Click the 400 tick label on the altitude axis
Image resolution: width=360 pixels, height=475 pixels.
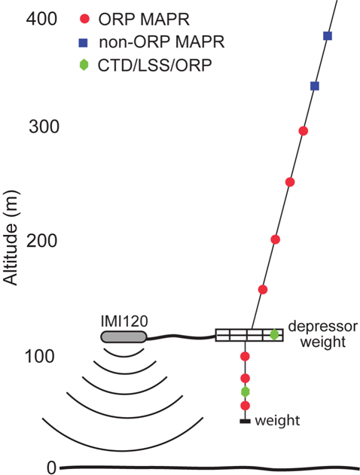tap(41, 19)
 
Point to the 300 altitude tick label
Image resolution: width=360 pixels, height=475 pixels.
tap(44, 126)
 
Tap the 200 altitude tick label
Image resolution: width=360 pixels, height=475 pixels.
tap(42, 241)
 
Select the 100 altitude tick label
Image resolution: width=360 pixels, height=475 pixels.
tap(40, 356)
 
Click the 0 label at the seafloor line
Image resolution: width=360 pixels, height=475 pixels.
tap(51, 467)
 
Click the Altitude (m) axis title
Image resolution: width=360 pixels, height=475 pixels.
tap(11, 238)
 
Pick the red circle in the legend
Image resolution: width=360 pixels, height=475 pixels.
tap(85, 20)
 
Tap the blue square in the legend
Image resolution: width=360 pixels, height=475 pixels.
tap(84, 43)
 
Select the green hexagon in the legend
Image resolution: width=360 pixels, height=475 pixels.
tap(84, 65)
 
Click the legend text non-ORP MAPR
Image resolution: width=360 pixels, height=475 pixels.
tap(161, 42)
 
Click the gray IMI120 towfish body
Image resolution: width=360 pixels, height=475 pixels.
tap(124, 336)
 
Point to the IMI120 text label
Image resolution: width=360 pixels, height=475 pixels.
tap(124, 321)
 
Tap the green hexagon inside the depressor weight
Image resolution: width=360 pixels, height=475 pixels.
tap(274, 335)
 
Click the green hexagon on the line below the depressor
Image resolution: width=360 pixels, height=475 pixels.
tap(246, 391)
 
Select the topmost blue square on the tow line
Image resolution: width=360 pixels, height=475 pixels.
tap(328, 35)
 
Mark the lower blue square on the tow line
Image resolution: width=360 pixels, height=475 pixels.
tap(315, 86)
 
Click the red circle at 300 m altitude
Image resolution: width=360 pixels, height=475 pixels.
tap(304, 131)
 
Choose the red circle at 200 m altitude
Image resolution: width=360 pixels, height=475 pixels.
tap(275, 239)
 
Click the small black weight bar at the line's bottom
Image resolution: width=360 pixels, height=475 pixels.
tap(246, 421)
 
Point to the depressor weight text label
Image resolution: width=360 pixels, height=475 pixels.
tap(323, 334)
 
